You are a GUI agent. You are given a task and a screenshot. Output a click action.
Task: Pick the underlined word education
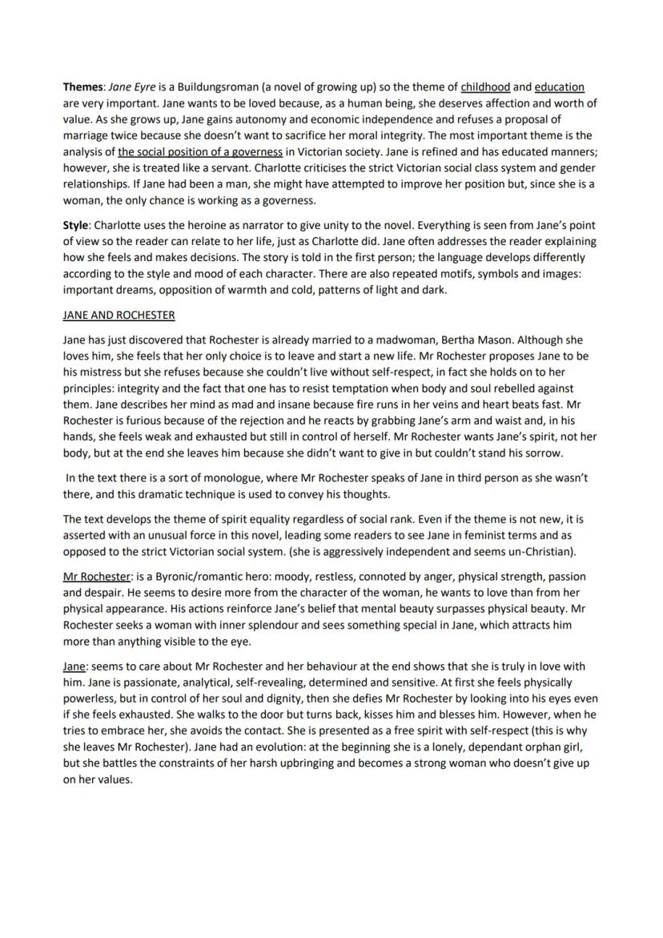559,87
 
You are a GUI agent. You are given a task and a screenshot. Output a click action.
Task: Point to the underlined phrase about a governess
200,151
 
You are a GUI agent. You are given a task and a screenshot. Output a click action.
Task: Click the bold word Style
76,225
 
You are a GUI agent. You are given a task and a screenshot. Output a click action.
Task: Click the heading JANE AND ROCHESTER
119,315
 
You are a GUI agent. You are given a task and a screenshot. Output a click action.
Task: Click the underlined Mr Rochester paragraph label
96,576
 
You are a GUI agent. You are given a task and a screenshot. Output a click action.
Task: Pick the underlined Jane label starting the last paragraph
74,666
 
